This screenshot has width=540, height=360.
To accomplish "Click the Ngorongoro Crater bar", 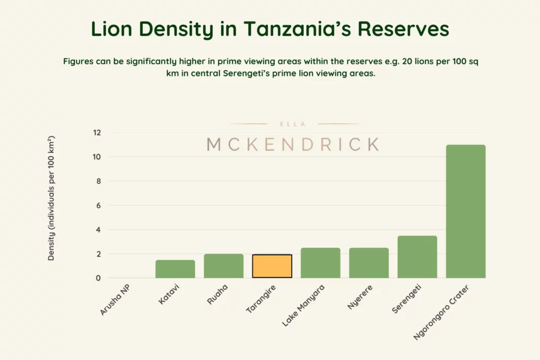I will (x=466, y=211).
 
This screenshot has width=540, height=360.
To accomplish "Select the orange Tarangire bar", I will (x=272, y=266).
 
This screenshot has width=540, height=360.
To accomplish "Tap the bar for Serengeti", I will (x=417, y=257).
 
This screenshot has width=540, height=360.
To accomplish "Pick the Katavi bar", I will (x=175, y=269).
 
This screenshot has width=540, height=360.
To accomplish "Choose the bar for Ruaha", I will (x=224, y=266).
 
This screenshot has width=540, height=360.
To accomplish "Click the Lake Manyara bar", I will (x=321, y=263).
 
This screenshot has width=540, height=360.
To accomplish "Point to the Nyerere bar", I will (x=369, y=263).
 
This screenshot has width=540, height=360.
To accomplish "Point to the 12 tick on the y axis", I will (x=97, y=133).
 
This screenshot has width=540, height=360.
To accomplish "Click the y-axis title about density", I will (x=52, y=199).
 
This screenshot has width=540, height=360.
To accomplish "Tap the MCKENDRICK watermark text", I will (x=293, y=144).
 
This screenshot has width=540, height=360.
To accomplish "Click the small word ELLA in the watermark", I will (x=294, y=124).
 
